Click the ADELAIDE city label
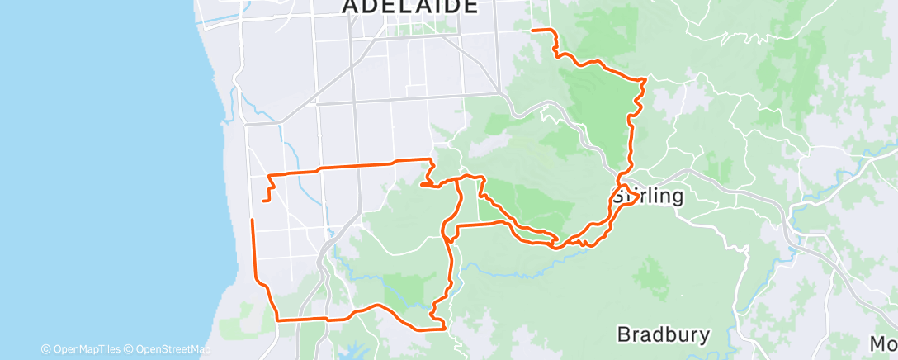tap(409, 7)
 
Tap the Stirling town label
tap(648, 197)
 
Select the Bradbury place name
tap(663, 334)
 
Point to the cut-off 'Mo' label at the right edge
tap(883, 343)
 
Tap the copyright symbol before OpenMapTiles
tap(45, 349)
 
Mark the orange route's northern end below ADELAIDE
tap(532, 30)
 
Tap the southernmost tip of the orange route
tap(444, 329)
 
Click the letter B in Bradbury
tap(624, 334)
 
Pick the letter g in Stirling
tap(677, 198)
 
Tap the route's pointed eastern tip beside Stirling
tap(637, 201)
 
